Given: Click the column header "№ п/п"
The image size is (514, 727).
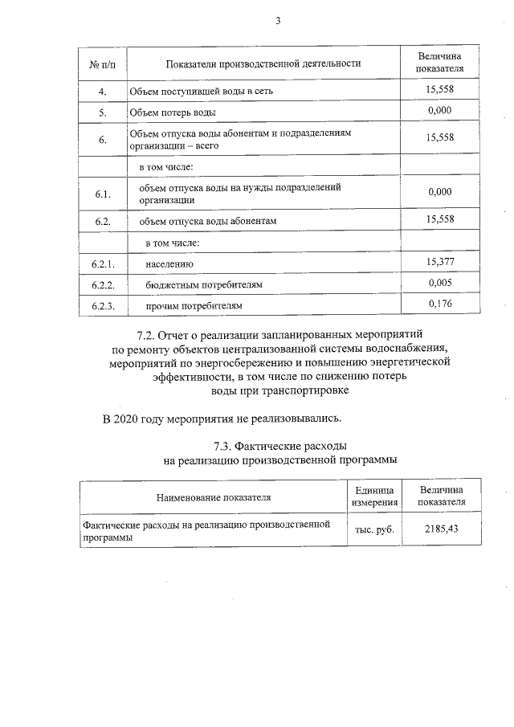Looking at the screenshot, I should click(x=103, y=63).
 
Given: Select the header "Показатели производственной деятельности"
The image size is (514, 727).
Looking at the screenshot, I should click(x=263, y=63).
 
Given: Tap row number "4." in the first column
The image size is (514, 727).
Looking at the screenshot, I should click(x=103, y=91).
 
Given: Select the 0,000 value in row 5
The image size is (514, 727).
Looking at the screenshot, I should click(x=440, y=110).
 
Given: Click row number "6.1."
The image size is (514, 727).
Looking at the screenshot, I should click(x=102, y=194).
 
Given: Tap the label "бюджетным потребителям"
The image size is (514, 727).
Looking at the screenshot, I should click(x=203, y=285).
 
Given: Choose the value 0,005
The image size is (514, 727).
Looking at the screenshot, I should click(x=441, y=282).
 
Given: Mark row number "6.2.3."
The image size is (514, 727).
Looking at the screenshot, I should click(x=104, y=306).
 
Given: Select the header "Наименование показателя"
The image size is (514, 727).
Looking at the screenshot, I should click(x=213, y=496).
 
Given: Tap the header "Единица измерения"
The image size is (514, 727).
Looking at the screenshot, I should click(x=373, y=496).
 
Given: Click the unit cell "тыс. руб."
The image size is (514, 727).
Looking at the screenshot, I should click(x=373, y=530).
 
